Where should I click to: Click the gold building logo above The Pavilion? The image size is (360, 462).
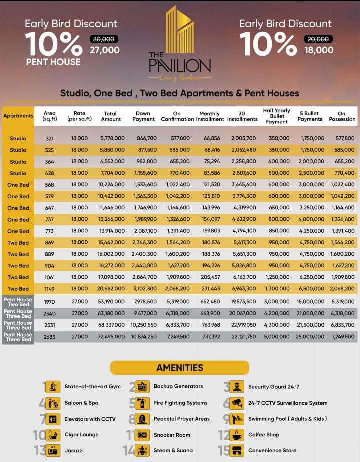(180, 30)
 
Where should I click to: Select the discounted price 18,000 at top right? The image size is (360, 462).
(318, 50)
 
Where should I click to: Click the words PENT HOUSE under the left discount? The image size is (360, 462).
(53, 62)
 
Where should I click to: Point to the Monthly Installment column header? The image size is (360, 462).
(210, 117)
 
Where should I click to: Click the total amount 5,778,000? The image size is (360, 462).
(111, 138)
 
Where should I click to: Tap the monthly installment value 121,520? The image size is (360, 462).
(210, 185)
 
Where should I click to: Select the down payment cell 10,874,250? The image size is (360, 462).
(144, 337)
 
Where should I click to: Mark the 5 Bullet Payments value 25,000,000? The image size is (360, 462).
(310, 337)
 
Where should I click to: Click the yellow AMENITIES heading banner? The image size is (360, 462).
(180, 368)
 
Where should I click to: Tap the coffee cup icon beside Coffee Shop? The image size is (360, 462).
(237, 435)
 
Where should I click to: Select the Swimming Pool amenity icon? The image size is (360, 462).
(237, 419)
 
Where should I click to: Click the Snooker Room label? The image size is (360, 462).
(172, 435)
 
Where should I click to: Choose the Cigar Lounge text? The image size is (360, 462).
(82, 435)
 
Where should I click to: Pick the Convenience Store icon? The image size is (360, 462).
(237, 451)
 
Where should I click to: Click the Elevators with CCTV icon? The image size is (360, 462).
(52, 419)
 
